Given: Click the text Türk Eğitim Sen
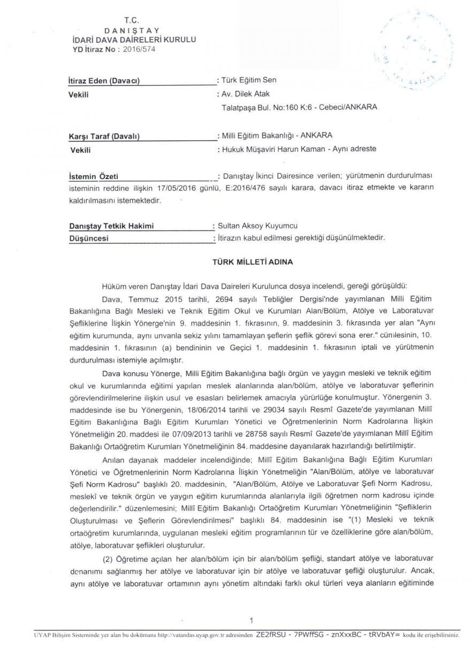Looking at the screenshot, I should click(x=249, y=80).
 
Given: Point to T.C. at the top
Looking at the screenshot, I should click(x=131, y=20).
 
